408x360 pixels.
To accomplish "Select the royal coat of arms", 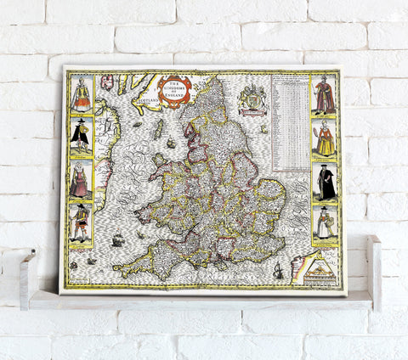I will (252, 97).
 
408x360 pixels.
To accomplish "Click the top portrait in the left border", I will (82, 94).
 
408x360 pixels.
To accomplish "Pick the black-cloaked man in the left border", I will (81, 136).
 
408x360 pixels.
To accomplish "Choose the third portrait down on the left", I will (81, 179).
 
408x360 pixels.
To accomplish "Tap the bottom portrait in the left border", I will (81, 223).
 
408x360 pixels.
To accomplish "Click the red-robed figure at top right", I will (325, 95).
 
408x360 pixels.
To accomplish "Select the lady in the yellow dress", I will (325, 138).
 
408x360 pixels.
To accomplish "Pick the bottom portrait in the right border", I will (325, 223).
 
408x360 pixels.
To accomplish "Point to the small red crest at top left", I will (107, 83).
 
